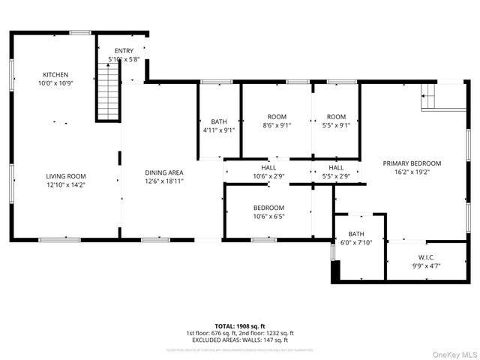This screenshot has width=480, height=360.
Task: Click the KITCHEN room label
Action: [x=55, y=75]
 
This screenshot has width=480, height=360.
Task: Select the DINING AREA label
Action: [x=164, y=172]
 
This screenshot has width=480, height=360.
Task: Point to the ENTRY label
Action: [x=124, y=50]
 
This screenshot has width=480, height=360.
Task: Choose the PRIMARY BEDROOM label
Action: [x=412, y=163]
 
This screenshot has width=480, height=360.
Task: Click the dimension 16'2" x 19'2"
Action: [x=412, y=172]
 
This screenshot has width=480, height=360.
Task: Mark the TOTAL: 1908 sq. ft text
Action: [x=240, y=326]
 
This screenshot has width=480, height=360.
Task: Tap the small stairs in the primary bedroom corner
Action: [x=429, y=95]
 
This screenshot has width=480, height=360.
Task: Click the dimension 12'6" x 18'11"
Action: [x=164, y=181]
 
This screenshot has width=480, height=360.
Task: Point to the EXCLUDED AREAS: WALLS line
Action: [x=240, y=340]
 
